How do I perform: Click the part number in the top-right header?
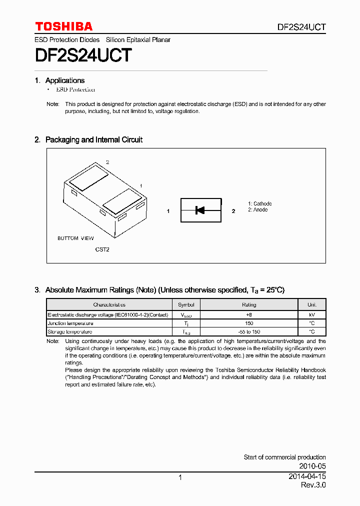[x=302, y=27]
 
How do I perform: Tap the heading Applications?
[x=64, y=80]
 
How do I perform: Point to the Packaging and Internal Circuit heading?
[x=93, y=140]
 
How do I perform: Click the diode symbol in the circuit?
[x=200, y=210]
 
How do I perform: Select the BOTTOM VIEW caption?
[x=75, y=238]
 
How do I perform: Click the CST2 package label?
[x=102, y=249]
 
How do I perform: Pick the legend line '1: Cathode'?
[x=259, y=203]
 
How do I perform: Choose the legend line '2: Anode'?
[x=257, y=210]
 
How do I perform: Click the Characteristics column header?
[x=109, y=304]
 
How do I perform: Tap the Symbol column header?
[x=185, y=304]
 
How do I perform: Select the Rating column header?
[x=248, y=304]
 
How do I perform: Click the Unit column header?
[x=311, y=304]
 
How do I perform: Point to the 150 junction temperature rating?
[x=248, y=323]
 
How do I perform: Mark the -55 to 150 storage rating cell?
[x=248, y=332]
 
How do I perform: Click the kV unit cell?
[x=311, y=315]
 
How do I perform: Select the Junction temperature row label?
[x=70, y=323]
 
